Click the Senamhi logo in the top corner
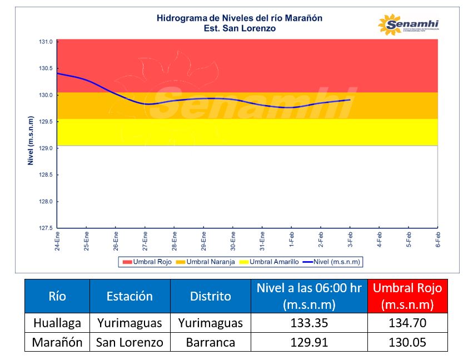click(408, 25)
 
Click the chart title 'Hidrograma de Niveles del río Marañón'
click(240, 18)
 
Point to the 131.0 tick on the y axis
click(46, 42)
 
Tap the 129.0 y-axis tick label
click(46, 148)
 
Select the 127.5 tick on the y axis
click(46, 228)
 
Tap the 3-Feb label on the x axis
click(350, 241)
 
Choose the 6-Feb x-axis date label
click(438, 241)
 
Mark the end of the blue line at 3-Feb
click(350, 100)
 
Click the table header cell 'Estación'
click(130, 296)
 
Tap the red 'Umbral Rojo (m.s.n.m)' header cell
click(407, 296)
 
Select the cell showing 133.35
click(309, 323)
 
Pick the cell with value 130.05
click(407, 342)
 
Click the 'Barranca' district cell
click(210, 342)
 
